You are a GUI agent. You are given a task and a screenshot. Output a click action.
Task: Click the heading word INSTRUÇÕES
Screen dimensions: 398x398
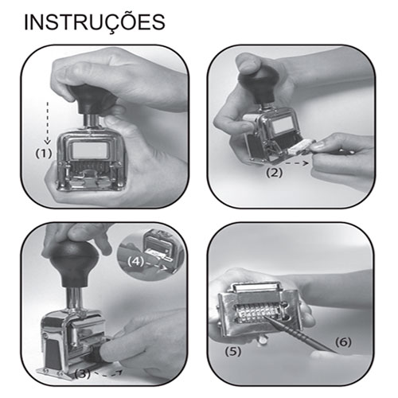pos(95,21)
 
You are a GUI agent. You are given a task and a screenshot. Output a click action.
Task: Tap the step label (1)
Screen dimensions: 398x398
pos(44,154)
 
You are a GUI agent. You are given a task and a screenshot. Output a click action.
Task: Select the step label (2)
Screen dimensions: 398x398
pos(275,173)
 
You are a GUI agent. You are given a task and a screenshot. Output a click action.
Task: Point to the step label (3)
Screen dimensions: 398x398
pos(83,374)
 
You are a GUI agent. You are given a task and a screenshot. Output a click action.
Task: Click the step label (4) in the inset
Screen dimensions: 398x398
pos(136,262)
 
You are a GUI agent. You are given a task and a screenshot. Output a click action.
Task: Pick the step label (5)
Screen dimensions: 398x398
pos(233,352)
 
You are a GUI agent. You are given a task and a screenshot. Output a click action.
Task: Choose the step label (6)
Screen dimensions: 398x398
pos(343,342)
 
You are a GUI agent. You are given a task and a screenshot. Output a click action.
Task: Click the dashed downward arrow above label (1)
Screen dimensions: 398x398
pos(48,123)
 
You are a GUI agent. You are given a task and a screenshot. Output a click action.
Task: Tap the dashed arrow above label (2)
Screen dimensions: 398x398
pos(297,163)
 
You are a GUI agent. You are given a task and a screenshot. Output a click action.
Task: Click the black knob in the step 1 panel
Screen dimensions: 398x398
pos(92,99)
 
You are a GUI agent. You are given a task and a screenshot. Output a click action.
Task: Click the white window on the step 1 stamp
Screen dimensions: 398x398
pos(90,150)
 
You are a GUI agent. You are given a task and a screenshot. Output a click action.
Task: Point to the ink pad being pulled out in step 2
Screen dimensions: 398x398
pos(301,147)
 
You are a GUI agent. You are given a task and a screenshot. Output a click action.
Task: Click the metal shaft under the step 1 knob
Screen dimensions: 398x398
pos(92,121)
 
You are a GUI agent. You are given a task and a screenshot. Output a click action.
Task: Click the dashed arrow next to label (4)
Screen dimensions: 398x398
pos(157,266)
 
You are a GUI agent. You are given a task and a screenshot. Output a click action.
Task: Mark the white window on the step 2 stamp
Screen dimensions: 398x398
pos(283,126)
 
